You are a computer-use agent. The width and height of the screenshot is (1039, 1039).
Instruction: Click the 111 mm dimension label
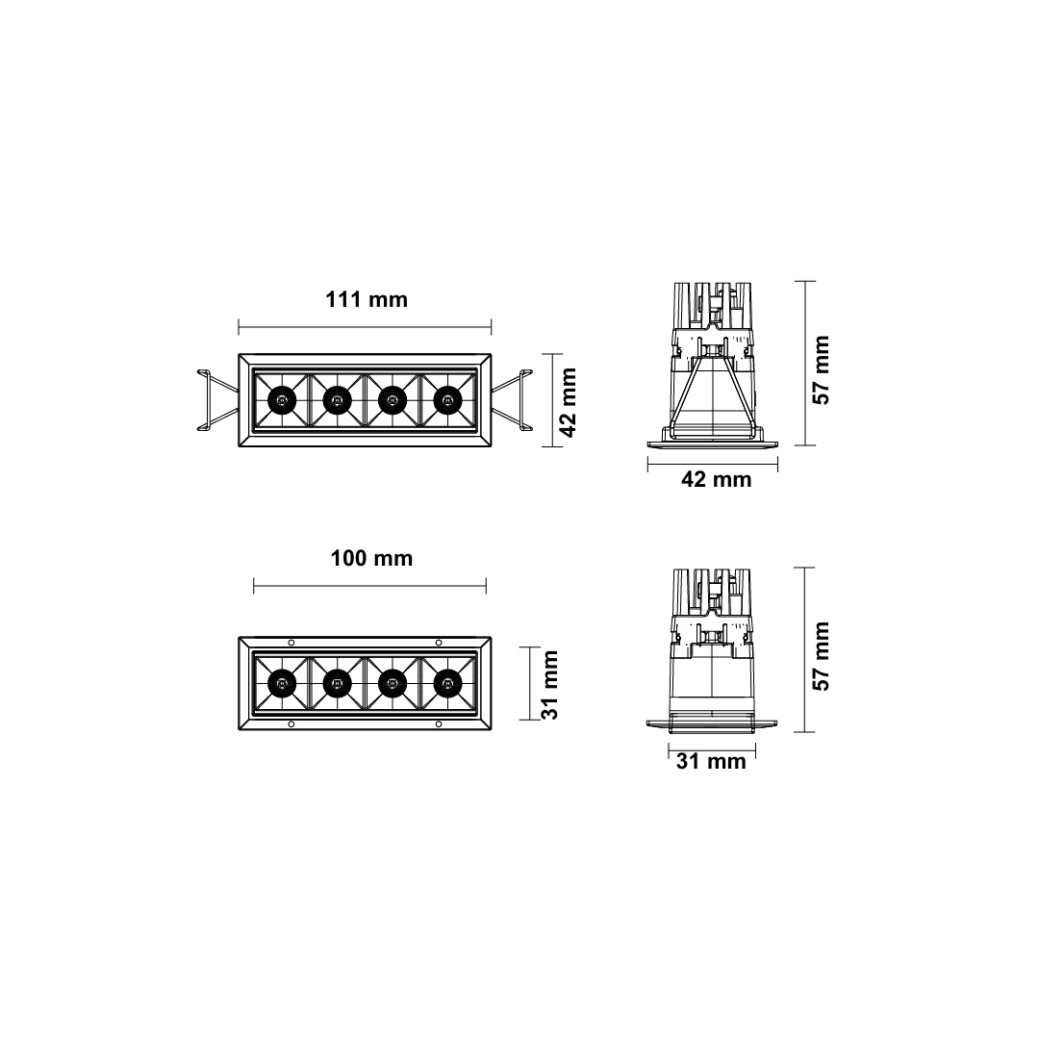pyautogui.click(x=367, y=299)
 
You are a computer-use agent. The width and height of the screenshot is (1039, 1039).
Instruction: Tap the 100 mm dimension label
pyautogui.click(x=371, y=558)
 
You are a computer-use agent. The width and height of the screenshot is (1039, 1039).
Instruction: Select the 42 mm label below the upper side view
pyautogui.click(x=716, y=479)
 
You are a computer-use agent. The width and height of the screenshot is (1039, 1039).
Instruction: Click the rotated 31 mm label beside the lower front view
pyautogui.click(x=547, y=684)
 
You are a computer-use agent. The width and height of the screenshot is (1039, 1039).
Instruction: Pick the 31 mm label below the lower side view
pyautogui.click(x=711, y=762)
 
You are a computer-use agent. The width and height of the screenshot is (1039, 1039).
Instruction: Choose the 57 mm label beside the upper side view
pyautogui.click(x=821, y=369)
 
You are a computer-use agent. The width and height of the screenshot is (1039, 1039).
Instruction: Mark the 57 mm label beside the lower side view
pyautogui.click(x=821, y=656)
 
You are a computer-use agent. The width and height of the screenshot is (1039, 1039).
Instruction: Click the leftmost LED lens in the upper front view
pyautogui.click(x=281, y=399)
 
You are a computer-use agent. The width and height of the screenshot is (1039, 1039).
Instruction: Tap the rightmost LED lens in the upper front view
pyautogui.click(x=447, y=399)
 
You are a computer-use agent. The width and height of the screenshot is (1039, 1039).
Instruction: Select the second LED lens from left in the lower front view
pyautogui.click(x=337, y=683)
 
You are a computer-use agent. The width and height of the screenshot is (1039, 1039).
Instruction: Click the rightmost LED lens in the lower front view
pyautogui.click(x=447, y=683)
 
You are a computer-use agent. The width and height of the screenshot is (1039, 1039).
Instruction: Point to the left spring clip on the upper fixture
pyautogui.click(x=215, y=399)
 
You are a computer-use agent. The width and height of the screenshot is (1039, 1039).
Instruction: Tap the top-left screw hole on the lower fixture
pyautogui.click(x=291, y=642)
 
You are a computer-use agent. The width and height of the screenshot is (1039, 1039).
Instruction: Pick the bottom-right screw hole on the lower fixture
pyautogui.click(x=439, y=723)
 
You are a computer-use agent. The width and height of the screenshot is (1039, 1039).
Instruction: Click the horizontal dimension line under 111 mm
pyautogui.click(x=365, y=325)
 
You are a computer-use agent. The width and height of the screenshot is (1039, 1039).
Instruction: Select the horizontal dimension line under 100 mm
pyautogui.click(x=369, y=585)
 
